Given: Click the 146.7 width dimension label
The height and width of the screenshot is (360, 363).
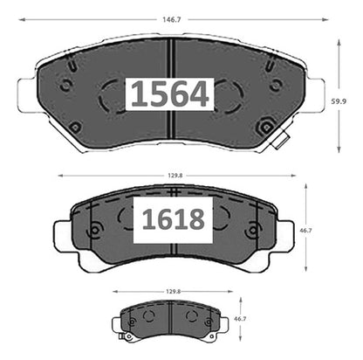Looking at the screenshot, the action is click(172, 20).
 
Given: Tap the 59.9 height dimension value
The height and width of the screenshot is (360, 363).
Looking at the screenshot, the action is click(339, 101).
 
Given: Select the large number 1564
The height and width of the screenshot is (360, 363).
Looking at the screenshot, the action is click(170, 93).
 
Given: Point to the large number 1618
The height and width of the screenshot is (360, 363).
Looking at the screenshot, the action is click(174, 219).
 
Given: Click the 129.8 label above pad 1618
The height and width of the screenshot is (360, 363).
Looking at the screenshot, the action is click(175, 176).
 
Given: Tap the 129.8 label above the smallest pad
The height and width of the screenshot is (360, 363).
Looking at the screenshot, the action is click(174, 291).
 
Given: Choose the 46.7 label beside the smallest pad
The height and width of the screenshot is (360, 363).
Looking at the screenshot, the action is click(240, 319).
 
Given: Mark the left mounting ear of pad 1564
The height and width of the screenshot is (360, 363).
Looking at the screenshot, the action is click(28, 94).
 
